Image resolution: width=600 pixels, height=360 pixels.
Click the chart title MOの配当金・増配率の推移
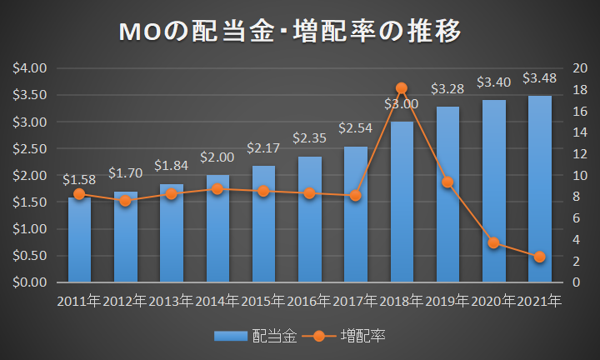click(x=290, y=32)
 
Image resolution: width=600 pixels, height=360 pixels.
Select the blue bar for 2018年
click(x=402, y=202)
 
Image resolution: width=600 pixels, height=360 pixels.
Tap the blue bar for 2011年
click(x=80, y=240)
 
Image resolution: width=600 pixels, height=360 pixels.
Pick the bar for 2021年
click(x=540, y=189)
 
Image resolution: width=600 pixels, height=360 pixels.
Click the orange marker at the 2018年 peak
click(x=402, y=88)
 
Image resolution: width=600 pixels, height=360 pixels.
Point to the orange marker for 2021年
click(x=539, y=257)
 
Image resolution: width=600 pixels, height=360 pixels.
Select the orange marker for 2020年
click(x=493, y=242)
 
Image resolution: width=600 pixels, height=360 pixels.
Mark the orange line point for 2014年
click(x=217, y=189)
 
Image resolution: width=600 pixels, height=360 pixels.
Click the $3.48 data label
click(x=539, y=78)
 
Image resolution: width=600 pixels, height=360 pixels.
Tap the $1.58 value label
click(x=79, y=179)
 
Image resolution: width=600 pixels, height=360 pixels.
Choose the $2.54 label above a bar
click(x=356, y=128)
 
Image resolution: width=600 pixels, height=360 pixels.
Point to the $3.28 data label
click(x=447, y=89)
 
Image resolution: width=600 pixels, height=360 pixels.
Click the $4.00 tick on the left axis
click(x=29, y=68)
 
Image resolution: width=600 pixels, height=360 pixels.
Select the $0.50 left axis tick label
click(x=29, y=256)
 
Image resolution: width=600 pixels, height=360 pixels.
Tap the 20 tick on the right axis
click(x=580, y=68)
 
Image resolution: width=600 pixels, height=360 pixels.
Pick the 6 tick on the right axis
click(x=577, y=218)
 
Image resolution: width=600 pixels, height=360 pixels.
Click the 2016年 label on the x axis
click(x=309, y=302)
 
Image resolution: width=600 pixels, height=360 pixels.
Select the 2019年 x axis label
click(x=447, y=302)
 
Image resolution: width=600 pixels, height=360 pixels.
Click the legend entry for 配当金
click(x=256, y=337)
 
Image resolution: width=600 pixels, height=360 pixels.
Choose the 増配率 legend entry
click(x=343, y=337)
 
